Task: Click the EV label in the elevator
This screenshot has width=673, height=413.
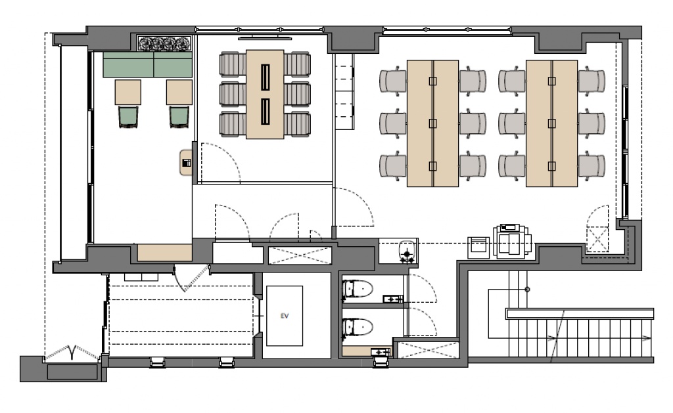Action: click(x=284, y=316)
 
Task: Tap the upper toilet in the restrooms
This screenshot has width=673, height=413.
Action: click(x=357, y=289)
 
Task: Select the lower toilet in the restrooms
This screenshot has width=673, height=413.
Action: click(x=357, y=327)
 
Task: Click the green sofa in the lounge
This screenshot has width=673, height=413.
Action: click(x=147, y=64)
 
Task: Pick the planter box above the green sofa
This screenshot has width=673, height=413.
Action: click(x=164, y=43)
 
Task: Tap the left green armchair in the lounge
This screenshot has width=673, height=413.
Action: click(x=128, y=117)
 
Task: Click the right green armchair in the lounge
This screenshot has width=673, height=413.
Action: click(x=179, y=117)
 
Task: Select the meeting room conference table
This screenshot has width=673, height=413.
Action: click(x=265, y=95)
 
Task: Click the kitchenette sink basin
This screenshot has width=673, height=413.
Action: click(x=407, y=251)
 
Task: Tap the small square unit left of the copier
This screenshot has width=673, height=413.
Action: click(x=478, y=248)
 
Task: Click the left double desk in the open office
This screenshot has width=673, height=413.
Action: click(x=432, y=123)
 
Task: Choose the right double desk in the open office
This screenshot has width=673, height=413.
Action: click(x=551, y=123)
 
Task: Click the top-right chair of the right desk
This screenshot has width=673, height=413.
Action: click(x=592, y=81)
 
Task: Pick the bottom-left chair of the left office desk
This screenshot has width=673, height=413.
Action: click(x=393, y=165)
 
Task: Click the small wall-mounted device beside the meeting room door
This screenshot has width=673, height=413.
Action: click(x=186, y=163)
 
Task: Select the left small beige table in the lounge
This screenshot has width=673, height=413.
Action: click(x=128, y=92)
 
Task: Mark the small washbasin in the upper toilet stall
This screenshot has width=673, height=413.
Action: click(x=393, y=299)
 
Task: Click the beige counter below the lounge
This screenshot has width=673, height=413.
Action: click(x=164, y=253)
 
